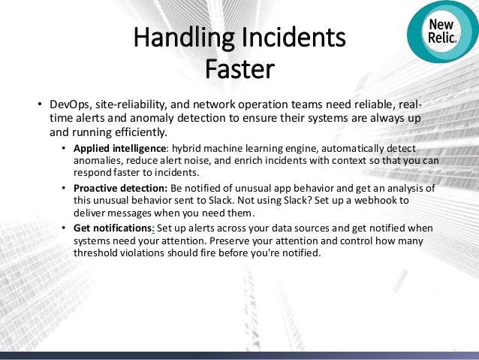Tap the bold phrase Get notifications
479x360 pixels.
(x=112, y=228)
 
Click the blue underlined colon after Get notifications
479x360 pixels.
(x=153, y=228)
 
